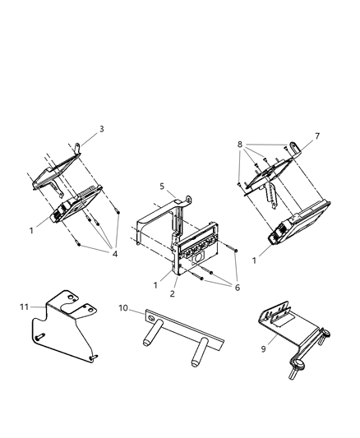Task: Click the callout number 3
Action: coord(101,128)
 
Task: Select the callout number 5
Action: coord(162,187)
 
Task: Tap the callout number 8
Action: coord(241,145)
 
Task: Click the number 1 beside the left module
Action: coord(31,231)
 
